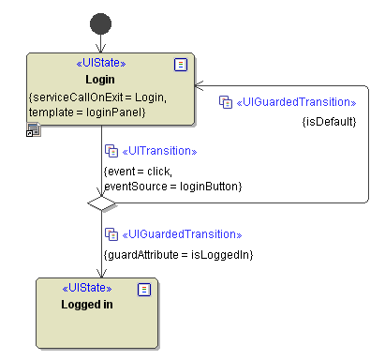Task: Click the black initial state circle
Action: pyautogui.click(x=100, y=23)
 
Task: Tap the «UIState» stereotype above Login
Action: pyautogui.click(x=100, y=64)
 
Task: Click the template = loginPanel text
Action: pyautogui.click(x=87, y=112)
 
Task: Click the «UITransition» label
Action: pyautogui.click(x=159, y=151)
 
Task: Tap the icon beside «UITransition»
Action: pyautogui.click(x=111, y=151)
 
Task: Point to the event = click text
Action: pyautogui.click(x=139, y=172)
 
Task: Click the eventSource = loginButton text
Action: pyautogui.click(x=173, y=187)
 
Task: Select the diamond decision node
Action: pyautogui.click(x=99, y=202)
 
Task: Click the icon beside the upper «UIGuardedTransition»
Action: pyautogui.click(x=225, y=101)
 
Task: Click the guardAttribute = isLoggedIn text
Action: pyautogui.click(x=178, y=254)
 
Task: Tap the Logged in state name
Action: pyautogui.click(x=87, y=304)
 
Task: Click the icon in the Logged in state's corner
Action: pyautogui.click(x=143, y=289)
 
